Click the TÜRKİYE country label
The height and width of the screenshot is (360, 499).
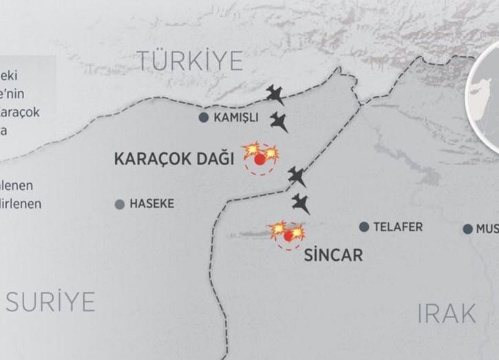pos(190,61)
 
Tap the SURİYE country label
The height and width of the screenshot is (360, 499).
pos(50,301)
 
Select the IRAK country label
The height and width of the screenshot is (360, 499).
pos(447,314)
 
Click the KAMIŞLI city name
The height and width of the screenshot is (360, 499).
pos(236,118)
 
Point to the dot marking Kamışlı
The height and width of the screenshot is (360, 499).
pos(204,118)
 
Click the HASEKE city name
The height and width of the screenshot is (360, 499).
pos(152,204)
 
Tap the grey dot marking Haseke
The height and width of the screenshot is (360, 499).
pos(120,204)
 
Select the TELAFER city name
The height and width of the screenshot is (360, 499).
pos(398,227)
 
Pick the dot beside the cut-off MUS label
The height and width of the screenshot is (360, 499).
pos(468,229)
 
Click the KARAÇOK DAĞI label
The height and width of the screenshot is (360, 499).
pos(173,160)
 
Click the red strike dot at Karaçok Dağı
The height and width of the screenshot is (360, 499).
pos(259,160)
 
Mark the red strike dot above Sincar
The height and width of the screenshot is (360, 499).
pos(288,235)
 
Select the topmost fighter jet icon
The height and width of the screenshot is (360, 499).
pos(275,94)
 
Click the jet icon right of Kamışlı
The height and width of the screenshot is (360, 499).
pos(279,122)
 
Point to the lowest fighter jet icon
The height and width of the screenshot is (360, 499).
pos(301,203)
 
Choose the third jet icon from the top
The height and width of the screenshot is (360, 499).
pos(297,176)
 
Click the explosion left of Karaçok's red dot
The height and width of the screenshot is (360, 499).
pos(251,149)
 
